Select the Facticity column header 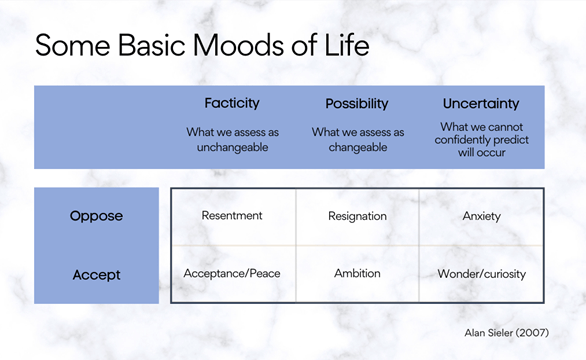pos(232,103)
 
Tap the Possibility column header pos(358,103)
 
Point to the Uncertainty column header pos(481,103)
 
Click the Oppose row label pos(96,215)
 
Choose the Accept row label pos(96,273)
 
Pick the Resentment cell pos(232,215)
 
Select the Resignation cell pos(357,215)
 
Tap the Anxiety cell pos(482,215)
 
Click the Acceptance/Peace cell pos(232,273)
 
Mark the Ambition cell pos(357,273)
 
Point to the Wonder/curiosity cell pos(482,273)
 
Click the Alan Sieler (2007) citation pos(506,331)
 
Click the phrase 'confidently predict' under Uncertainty pos(482,141)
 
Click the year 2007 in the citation pos(532,331)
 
